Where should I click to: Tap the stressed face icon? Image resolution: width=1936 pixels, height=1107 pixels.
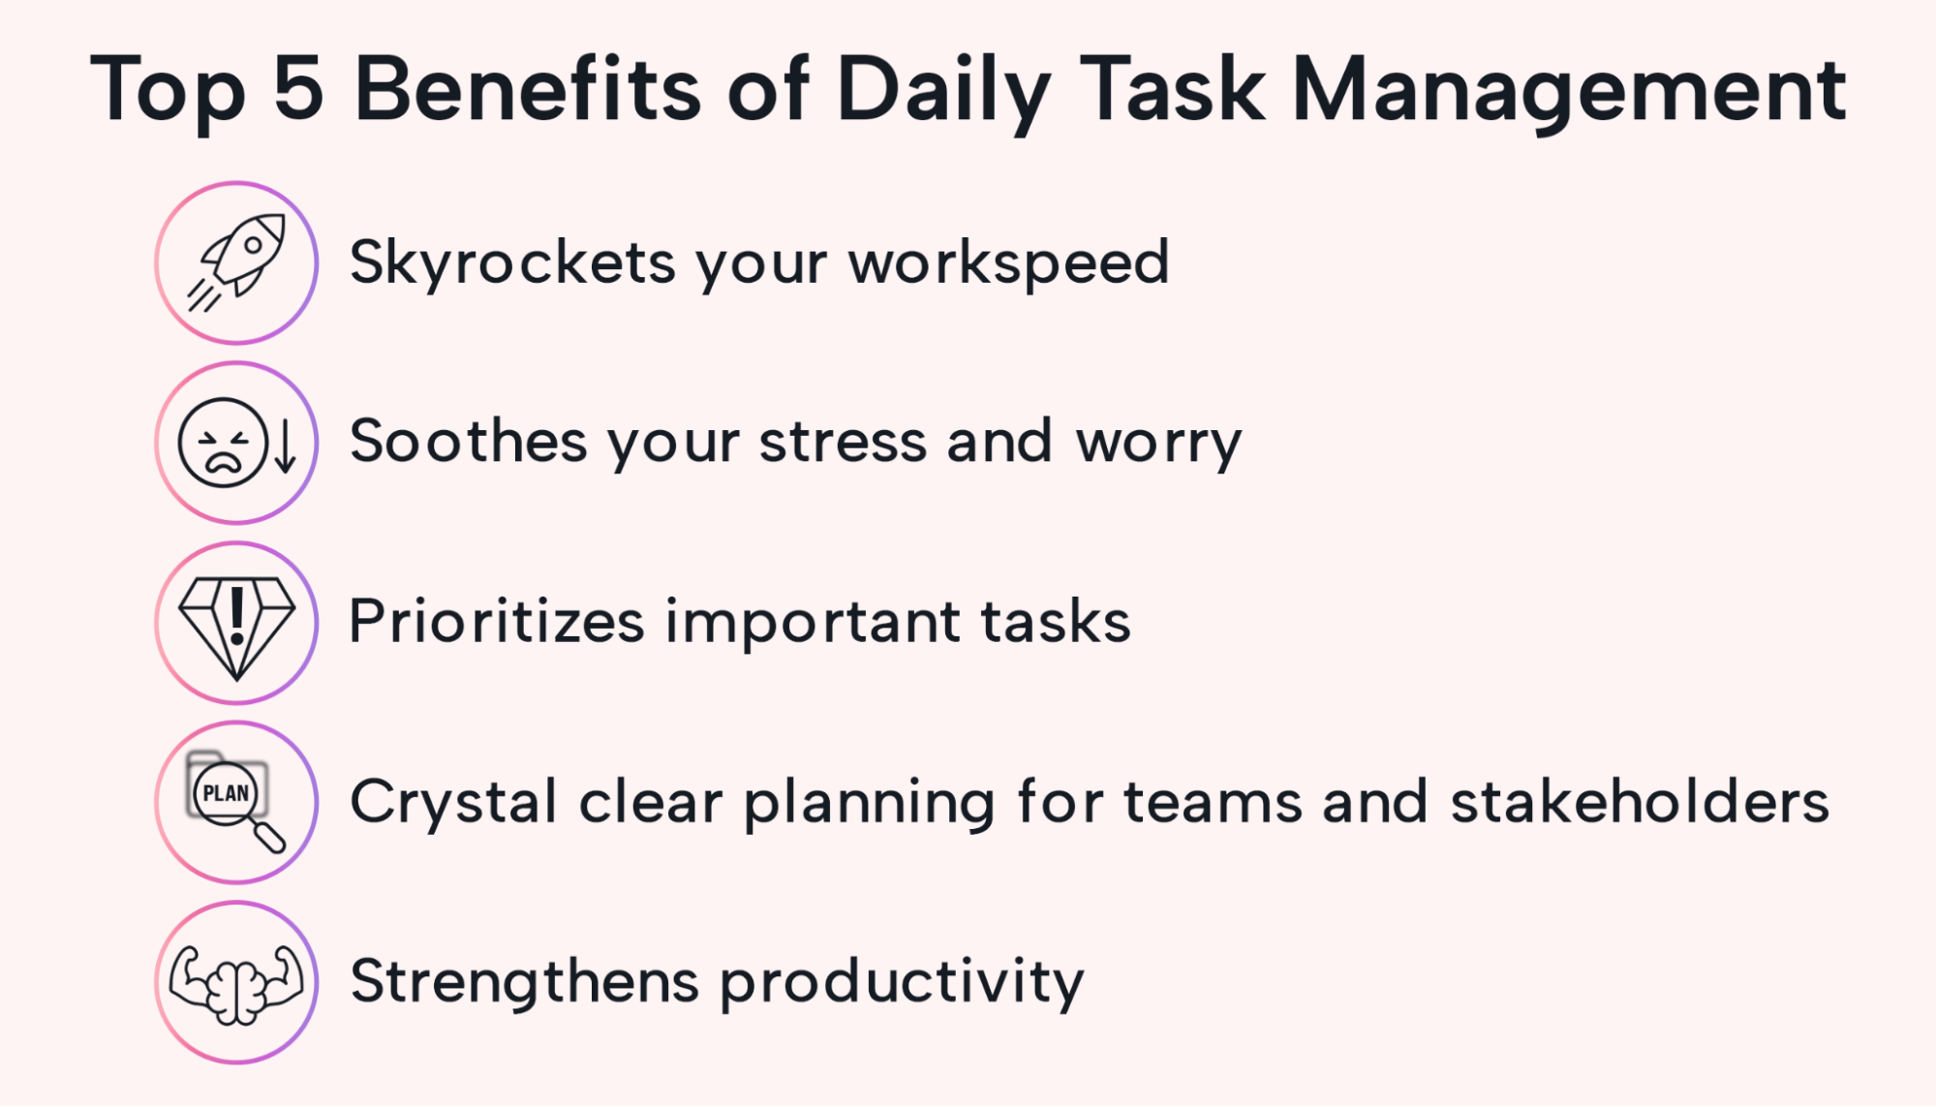click(223, 443)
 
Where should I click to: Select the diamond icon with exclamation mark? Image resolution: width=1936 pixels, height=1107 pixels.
click(237, 623)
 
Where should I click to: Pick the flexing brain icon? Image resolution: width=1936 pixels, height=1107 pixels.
click(236, 982)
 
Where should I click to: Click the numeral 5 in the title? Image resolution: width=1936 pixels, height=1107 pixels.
click(297, 89)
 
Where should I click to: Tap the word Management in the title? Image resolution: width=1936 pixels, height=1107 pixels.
click(1569, 89)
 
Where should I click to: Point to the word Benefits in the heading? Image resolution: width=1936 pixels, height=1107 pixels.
click(527, 89)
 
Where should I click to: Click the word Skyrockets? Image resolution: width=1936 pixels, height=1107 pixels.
click(512, 262)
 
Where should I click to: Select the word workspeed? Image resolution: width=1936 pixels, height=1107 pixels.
click(1009, 262)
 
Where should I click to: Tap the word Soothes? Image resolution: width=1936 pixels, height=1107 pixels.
click(468, 443)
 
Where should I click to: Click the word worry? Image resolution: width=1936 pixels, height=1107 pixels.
click(1158, 443)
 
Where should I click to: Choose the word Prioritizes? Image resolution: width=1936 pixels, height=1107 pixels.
click(496, 622)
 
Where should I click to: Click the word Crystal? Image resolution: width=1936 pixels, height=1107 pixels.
click(453, 802)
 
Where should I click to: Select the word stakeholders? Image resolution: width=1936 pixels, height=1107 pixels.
click(1640, 802)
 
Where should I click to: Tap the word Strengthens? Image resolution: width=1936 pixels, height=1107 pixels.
click(524, 982)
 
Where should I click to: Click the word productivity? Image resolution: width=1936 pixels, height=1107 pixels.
click(902, 982)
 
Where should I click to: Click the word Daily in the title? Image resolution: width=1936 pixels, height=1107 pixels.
click(942, 89)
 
